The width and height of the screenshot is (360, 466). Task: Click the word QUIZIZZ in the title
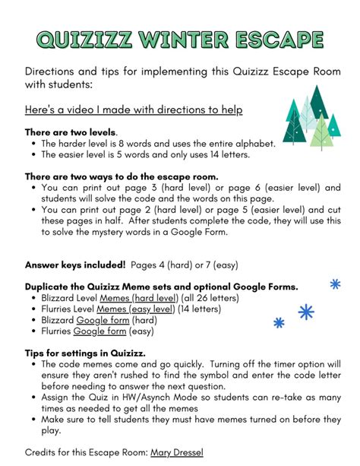pos(84,39)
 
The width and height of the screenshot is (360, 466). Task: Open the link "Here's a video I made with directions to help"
pos(134,110)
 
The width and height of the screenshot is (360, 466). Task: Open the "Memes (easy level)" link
pos(129,309)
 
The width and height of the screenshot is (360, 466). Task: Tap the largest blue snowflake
pos(306,312)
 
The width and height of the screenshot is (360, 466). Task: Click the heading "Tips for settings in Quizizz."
pos(89,353)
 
